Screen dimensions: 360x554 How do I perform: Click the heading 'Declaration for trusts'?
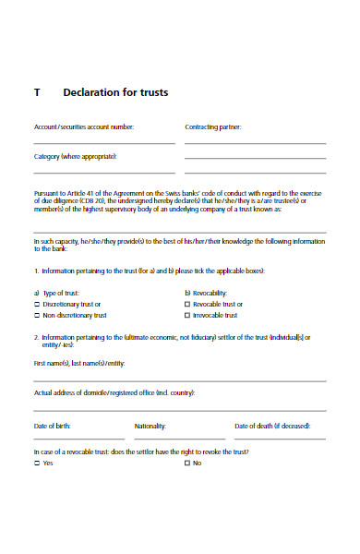point(115,93)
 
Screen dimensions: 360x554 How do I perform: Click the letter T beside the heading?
point(37,93)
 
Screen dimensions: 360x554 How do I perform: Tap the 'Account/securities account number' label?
point(84,126)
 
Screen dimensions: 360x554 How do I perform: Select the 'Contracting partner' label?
point(213,126)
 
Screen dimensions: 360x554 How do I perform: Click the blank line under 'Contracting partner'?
point(255,143)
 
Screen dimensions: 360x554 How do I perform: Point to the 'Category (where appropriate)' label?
point(75,156)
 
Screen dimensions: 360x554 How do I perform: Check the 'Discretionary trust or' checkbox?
point(37,304)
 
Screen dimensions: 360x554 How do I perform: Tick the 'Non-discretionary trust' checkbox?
point(37,315)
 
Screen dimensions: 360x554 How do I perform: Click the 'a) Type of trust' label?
point(57,293)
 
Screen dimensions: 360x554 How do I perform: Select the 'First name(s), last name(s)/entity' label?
point(78,363)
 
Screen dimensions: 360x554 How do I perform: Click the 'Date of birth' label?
point(52,426)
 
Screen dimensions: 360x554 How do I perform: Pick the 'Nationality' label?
point(150,426)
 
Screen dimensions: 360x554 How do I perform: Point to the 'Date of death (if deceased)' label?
point(272,426)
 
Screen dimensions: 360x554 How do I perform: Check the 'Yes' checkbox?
point(37,463)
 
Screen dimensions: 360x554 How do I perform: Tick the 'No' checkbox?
point(187,463)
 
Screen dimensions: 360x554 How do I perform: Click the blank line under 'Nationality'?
point(178,439)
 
